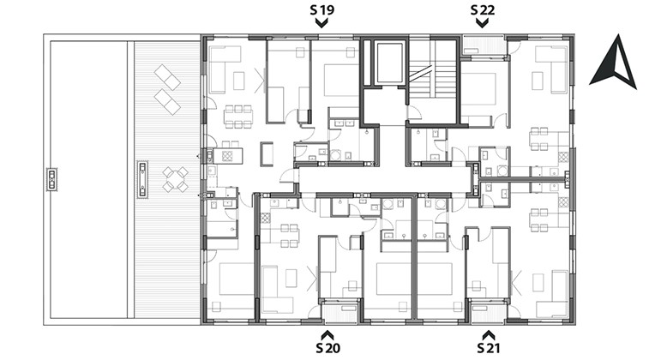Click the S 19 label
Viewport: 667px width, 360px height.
[x=321, y=9]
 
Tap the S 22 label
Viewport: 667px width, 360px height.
[x=483, y=9]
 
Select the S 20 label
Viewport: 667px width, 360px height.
[x=328, y=348]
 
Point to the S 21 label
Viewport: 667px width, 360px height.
[x=489, y=348]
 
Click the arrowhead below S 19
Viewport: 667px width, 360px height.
[x=321, y=23]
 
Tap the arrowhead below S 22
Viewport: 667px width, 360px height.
[x=482, y=23]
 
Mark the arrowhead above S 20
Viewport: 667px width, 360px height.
[x=328, y=334]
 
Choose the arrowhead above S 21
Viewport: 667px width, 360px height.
[x=489, y=334]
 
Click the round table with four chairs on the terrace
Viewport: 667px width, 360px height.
[x=176, y=179]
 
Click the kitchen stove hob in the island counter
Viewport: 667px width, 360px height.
[x=226, y=156]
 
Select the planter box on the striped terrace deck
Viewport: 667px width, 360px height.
[x=142, y=179]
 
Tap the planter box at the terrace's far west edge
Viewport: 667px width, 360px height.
[x=52, y=179]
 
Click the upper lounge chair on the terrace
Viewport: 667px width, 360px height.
[x=167, y=77]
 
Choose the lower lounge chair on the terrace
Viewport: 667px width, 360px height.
[x=167, y=102]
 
